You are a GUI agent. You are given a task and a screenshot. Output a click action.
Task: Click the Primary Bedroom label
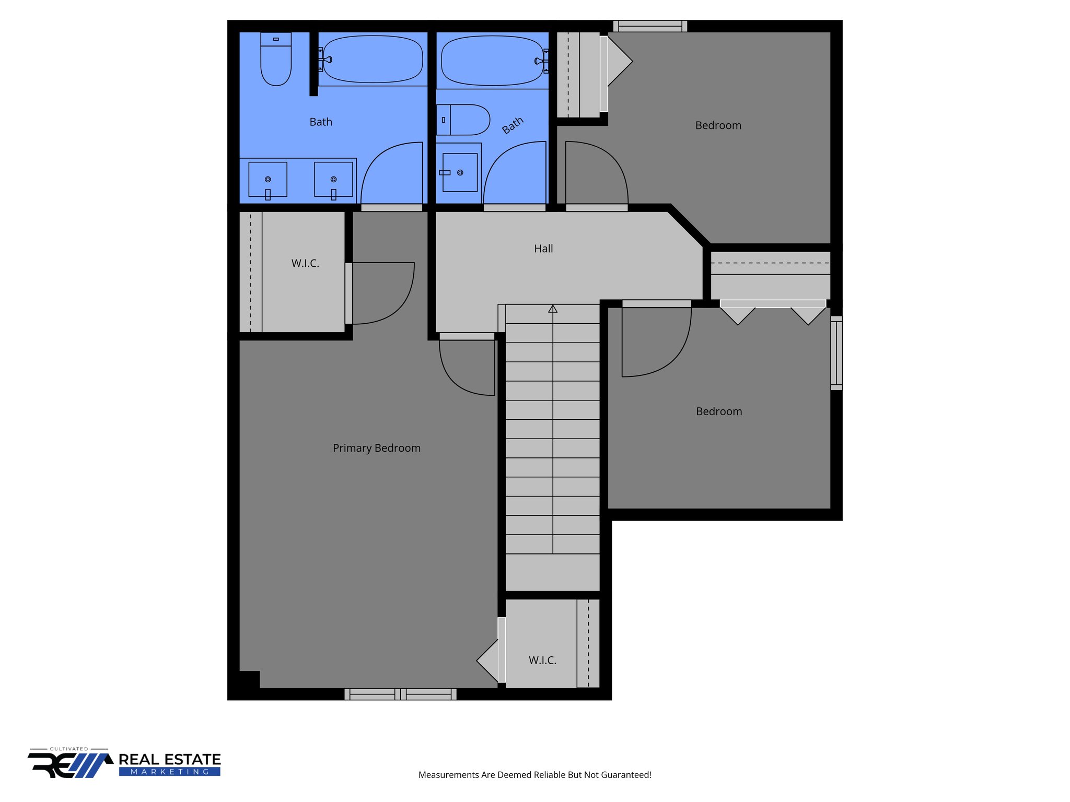376,448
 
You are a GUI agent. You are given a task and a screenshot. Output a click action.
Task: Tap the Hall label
543,249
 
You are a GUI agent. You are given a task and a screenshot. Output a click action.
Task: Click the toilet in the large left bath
276,60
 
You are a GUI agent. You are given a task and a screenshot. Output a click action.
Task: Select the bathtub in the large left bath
373,59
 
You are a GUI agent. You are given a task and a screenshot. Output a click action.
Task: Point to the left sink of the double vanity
267,180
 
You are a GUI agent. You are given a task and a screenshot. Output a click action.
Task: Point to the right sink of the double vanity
333,180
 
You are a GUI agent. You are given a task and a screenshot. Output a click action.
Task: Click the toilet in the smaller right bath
464,120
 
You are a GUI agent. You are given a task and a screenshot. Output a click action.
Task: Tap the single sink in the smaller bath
460,172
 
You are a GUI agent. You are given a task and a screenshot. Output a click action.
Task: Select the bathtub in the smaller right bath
492,60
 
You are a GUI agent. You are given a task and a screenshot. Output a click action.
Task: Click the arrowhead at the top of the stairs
553,309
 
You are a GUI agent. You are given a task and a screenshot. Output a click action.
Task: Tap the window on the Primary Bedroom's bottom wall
400,694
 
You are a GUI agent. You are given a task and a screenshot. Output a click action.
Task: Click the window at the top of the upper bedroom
650,26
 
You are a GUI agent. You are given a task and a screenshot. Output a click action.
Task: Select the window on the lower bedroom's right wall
836,353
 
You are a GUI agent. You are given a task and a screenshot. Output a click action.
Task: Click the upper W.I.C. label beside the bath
305,263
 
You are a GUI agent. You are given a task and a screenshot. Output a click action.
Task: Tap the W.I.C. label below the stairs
542,661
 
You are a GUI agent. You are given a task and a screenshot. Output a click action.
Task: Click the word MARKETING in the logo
170,772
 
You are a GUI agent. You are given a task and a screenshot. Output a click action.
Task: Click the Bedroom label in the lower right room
719,411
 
